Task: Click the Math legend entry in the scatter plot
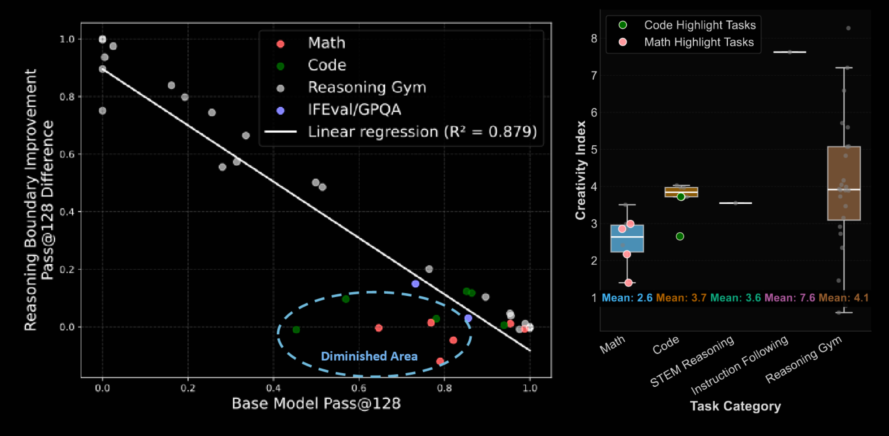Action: point(326,43)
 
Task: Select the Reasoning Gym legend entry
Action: point(367,88)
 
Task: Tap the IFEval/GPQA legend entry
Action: point(354,110)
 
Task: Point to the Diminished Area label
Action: point(369,356)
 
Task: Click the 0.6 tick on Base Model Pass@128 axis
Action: point(358,388)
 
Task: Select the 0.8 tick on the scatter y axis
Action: point(67,97)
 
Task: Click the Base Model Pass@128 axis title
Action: point(316,404)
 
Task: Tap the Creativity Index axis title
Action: point(580,170)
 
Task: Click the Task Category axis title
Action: point(735,406)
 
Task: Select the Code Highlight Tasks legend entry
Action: point(700,25)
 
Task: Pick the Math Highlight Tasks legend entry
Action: point(698,42)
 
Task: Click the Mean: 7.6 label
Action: point(790,298)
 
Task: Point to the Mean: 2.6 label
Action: point(627,298)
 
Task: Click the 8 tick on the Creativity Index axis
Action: point(594,39)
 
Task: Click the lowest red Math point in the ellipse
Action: point(440,361)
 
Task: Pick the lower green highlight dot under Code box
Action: point(680,236)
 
